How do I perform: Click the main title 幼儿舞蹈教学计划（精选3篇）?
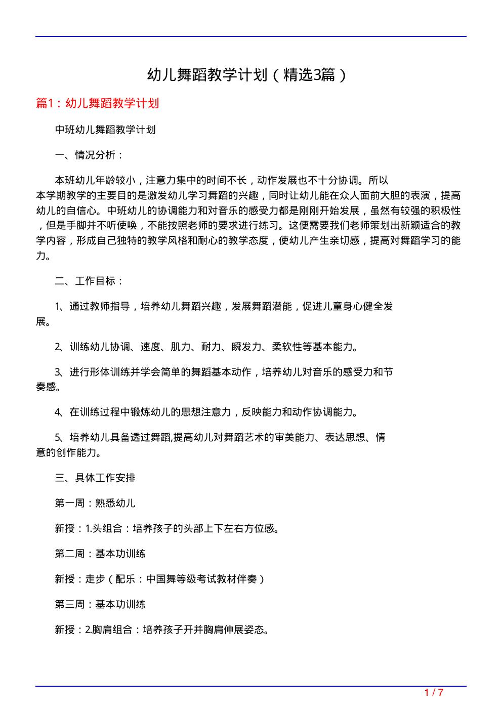point(247,75)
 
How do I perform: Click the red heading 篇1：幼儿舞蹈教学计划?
point(98,103)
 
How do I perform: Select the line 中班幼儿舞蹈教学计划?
point(105,130)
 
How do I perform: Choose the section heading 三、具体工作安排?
point(95,478)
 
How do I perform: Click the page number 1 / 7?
point(434,692)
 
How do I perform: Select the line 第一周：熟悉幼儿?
point(95,503)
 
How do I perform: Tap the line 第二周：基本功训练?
point(100,554)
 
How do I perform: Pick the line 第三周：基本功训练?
point(100,604)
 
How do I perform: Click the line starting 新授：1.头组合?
point(167,528)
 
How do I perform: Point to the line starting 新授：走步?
point(160,579)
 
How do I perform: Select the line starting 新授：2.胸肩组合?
point(162,630)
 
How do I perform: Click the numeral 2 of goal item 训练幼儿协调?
point(58,347)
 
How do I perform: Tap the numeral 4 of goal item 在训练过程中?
point(58,412)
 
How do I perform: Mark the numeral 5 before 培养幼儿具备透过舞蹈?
point(58,437)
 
